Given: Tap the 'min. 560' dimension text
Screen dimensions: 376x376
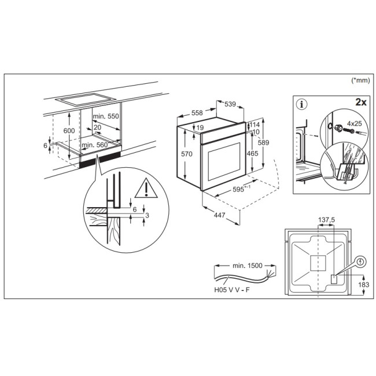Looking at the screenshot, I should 95,145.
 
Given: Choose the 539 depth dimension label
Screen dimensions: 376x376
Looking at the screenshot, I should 230,105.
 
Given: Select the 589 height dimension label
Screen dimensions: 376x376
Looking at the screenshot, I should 264,142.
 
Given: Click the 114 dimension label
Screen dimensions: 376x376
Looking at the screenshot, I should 255,125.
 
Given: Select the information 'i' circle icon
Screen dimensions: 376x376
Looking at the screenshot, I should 301,105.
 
